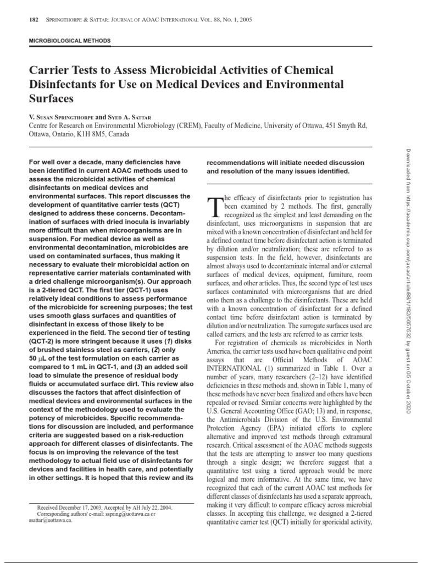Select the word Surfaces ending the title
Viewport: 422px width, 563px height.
(x=50, y=99)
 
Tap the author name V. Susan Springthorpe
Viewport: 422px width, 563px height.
(x=60, y=117)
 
